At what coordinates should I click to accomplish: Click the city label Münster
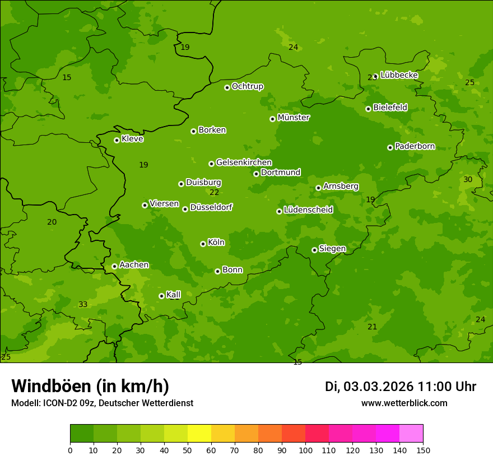[293, 118]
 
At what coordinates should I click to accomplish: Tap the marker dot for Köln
[203, 244]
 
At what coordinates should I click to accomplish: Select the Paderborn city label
[415, 146]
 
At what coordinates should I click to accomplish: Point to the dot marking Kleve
[117, 140]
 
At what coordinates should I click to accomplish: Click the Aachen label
[134, 265]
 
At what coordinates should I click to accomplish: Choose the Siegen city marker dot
[314, 250]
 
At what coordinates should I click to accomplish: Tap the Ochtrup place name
[247, 86]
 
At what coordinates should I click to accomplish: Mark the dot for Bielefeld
[368, 109]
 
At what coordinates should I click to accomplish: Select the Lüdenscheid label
[308, 210]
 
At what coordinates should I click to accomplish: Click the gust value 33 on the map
[83, 304]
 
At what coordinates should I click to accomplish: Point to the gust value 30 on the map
[468, 179]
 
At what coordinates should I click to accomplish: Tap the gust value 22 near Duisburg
[214, 192]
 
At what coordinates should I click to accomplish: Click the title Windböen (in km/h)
[90, 386]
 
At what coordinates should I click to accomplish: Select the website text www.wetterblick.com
[404, 403]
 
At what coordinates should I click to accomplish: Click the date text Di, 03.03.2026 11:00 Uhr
[401, 387]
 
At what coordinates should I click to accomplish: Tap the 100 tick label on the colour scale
[305, 450]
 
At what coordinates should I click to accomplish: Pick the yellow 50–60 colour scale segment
[199, 434]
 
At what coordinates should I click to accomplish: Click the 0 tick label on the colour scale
[70, 450]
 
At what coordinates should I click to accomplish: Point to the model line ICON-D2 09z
[102, 403]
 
